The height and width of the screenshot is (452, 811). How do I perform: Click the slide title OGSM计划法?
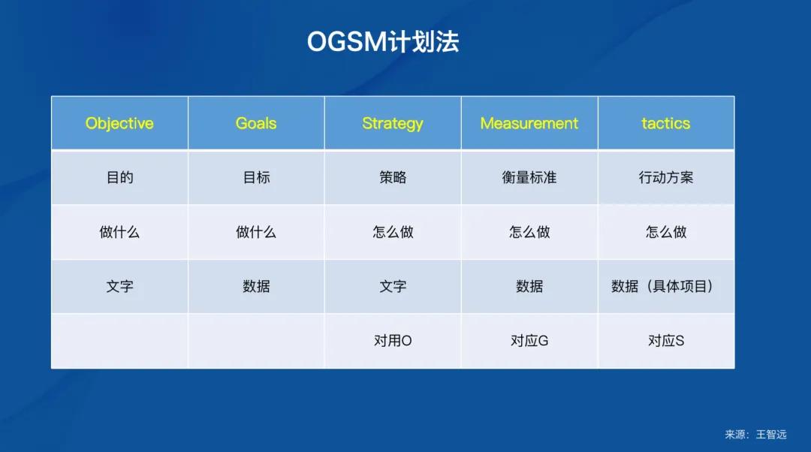pos(382,42)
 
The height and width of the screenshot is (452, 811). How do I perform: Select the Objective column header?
pos(119,123)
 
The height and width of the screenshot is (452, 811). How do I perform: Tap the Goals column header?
pos(256,123)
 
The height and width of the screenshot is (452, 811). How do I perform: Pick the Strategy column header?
pos(393,123)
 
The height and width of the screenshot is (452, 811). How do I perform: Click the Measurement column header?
pos(529,123)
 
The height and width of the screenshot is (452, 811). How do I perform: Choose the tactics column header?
pos(665,123)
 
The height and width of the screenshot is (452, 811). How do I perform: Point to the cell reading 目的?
pos(119,178)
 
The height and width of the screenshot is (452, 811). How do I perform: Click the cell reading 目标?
pos(256,178)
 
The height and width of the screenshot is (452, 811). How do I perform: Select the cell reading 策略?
pos(393,178)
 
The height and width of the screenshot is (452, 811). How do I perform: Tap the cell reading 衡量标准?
pos(529,178)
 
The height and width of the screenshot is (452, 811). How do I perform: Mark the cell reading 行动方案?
pos(666,178)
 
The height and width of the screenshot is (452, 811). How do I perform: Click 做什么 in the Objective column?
pos(119,232)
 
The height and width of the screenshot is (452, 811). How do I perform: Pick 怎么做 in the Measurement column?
pos(529,232)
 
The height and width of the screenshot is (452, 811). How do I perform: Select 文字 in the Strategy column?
pos(393,286)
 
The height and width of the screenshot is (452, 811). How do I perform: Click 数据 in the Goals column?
pos(256,286)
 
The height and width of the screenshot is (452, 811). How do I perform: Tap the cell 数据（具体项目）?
pos(662,286)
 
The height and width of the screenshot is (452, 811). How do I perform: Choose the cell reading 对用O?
pos(393,341)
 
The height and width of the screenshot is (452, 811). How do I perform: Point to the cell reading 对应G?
pos(529,341)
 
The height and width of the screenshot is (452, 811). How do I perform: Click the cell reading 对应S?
pos(666,341)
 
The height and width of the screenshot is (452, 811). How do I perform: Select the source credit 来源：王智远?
pos(755,434)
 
